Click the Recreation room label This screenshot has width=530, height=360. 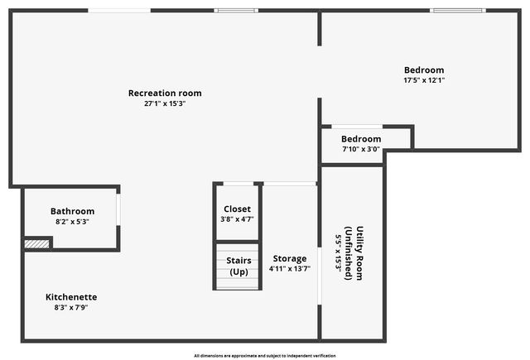[165, 94]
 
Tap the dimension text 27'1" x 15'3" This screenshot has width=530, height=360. [165, 103]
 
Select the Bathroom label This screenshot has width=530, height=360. [72, 211]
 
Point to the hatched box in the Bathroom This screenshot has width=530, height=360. [36, 244]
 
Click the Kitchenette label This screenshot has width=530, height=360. [71, 297]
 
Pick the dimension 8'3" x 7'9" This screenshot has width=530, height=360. [71, 308]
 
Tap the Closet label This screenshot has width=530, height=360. [238, 209]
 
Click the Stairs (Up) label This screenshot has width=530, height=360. [238, 266]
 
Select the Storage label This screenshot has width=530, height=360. [290, 259]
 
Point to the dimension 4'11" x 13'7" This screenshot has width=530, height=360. [290, 269]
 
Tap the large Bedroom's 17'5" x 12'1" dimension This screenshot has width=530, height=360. [424, 80]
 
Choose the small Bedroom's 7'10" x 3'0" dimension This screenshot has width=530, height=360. [361, 149]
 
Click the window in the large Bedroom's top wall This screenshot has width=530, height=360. [458, 11]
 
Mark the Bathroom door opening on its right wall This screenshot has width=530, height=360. [118, 209]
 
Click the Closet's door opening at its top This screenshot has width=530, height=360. [238, 184]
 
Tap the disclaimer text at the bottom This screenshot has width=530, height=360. [265, 356]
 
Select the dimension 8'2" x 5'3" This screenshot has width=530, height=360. [72, 222]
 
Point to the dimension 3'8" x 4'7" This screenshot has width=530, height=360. [238, 219]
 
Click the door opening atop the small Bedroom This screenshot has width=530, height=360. [357, 127]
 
